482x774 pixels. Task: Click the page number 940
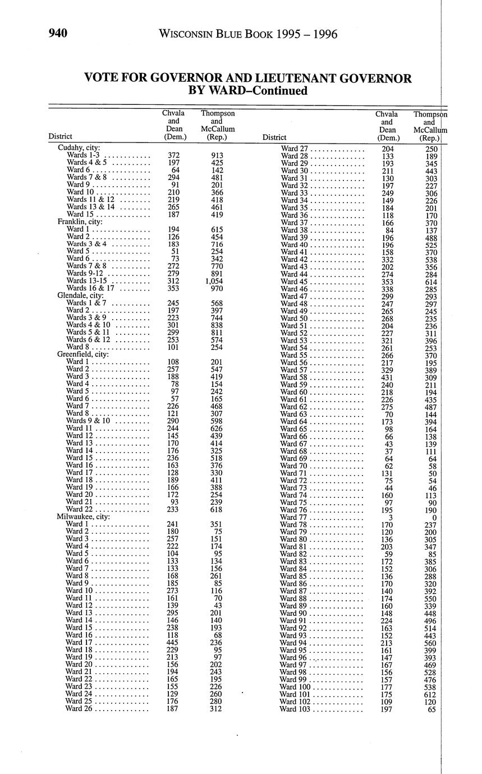[58, 34]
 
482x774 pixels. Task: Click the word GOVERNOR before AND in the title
[189, 79]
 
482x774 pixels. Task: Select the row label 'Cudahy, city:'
[79, 148]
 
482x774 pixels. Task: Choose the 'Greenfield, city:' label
[83, 354]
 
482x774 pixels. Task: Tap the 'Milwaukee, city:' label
[84, 517]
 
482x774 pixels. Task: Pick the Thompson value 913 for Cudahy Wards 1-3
[217, 155]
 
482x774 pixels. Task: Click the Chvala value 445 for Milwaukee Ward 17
[173, 642]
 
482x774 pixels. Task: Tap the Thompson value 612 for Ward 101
[430, 694]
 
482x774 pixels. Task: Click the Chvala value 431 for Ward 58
[387, 377]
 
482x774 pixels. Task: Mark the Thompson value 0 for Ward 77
[434, 517]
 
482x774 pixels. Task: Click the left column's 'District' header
[60, 136]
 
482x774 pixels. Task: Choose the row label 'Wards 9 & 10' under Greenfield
[88, 421]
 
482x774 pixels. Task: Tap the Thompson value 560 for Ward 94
[430, 643]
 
